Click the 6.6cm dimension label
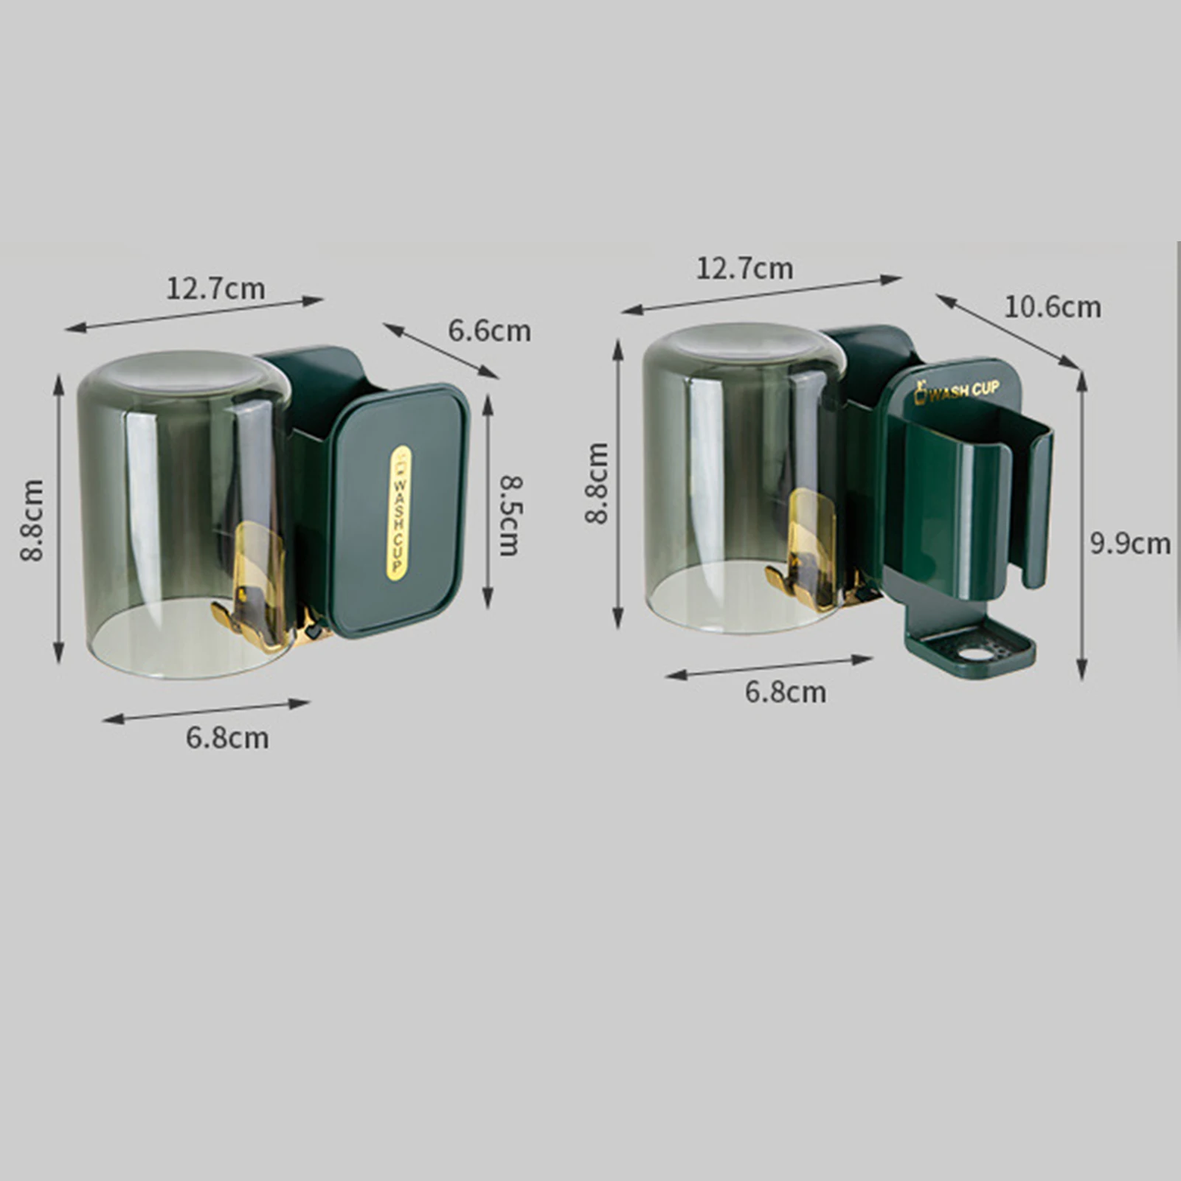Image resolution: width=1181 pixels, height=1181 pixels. (x=490, y=330)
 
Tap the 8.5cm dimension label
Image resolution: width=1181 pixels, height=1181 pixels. (x=510, y=515)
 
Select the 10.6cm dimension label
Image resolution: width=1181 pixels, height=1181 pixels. (x=1053, y=306)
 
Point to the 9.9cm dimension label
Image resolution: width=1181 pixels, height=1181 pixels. (x=1130, y=544)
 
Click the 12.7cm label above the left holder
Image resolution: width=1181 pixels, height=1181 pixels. (x=215, y=288)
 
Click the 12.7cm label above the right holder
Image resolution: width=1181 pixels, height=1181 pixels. (x=745, y=269)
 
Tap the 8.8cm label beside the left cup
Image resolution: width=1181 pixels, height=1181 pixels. (x=32, y=520)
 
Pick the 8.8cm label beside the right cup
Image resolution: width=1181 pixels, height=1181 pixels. (x=598, y=483)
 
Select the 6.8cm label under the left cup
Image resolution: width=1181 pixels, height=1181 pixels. (x=227, y=738)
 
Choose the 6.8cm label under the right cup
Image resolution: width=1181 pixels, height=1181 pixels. (x=786, y=692)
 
